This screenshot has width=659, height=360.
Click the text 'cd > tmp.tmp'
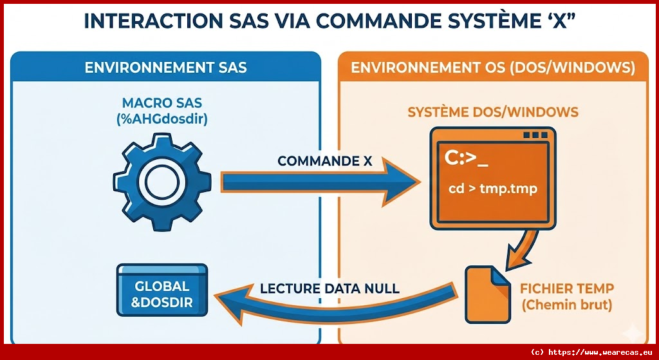pos(493,189)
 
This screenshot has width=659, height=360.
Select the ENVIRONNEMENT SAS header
pos(165,67)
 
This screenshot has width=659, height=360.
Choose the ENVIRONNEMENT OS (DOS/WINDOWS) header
pos(493,67)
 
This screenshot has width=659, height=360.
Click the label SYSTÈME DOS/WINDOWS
pos(493,113)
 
